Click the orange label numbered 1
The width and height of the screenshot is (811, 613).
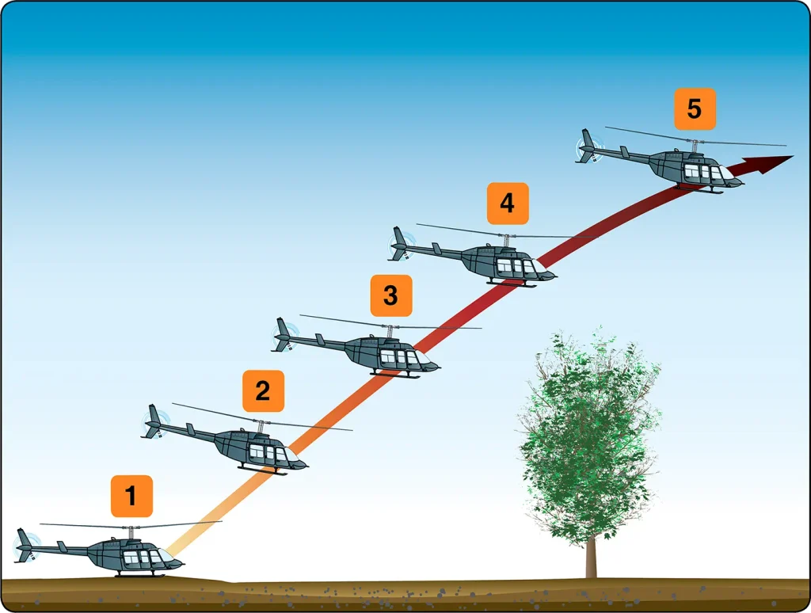click(131, 496)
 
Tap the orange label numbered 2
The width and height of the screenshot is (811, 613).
click(263, 390)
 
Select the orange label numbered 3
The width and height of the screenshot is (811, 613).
click(391, 295)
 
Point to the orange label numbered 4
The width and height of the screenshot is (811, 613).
click(508, 204)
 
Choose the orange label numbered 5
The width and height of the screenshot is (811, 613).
click(695, 109)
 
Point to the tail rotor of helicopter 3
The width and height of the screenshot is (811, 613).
click(285, 336)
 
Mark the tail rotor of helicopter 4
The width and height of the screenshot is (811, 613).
click(402, 245)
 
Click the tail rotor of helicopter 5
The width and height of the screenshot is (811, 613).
click(590, 147)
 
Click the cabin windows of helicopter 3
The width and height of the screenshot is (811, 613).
click(399, 356)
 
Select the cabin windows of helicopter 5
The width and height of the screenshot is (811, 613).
click(703, 172)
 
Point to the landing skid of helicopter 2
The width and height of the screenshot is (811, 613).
click(263, 470)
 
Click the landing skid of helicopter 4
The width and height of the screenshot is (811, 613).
click(512, 283)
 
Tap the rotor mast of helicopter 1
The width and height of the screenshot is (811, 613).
click(131, 532)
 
